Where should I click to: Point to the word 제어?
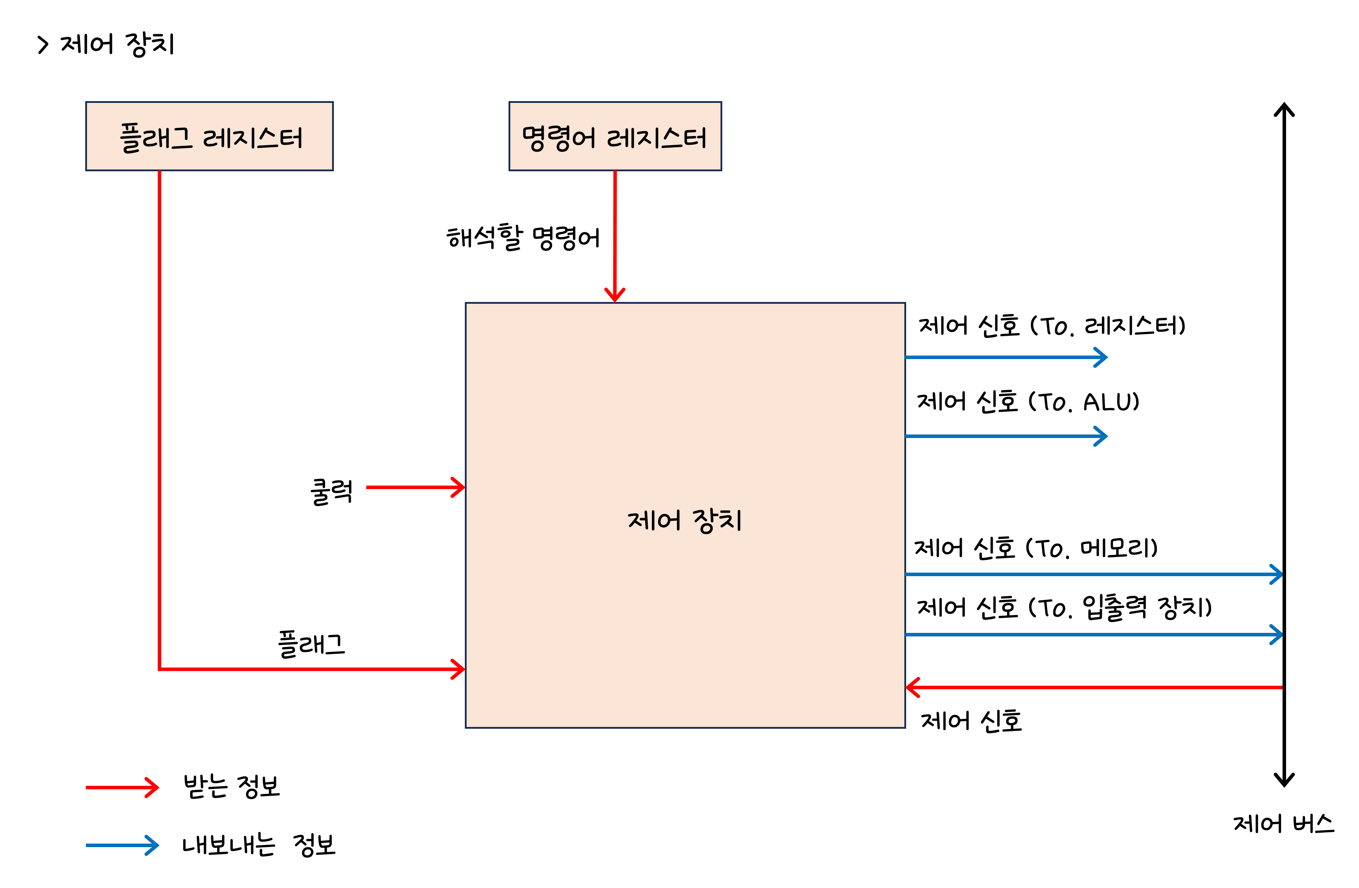tap(654, 520)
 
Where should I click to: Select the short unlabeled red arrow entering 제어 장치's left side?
tap(415, 487)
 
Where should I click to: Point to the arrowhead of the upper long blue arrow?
tap(1277, 574)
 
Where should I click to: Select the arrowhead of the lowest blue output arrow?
tap(1277, 634)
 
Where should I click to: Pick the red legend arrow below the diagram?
tap(122, 788)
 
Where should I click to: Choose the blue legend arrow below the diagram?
tap(122, 845)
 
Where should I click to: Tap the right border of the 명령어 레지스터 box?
tap(721, 136)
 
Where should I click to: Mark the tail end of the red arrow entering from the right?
tap(1281, 687)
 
